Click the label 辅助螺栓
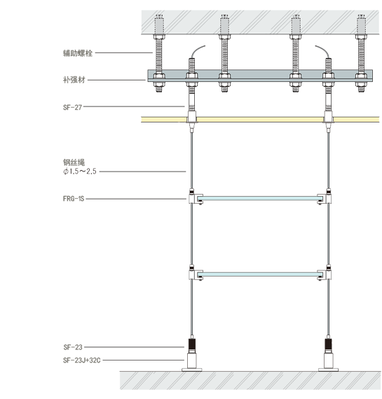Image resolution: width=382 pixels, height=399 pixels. click(x=78, y=53)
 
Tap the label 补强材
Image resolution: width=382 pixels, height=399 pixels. click(x=74, y=80)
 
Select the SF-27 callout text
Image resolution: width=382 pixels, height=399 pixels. click(x=72, y=107)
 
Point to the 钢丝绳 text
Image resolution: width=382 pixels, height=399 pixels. click(x=74, y=162)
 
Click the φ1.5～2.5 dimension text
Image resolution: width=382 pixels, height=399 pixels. click(x=80, y=171)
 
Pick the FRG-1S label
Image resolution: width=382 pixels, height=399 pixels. click(x=74, y=199)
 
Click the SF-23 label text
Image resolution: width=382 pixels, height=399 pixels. click(x=73, y=347)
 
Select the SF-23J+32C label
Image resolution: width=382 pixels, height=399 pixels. click(x=82, y=360)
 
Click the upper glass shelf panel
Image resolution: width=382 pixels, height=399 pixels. click(x=260, y=198)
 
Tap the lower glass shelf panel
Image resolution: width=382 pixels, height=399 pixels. click(x=260, y=274)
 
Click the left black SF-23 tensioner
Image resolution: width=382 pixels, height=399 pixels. click(x=192, y=345)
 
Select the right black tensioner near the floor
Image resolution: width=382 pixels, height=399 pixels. click(x=328, y=345)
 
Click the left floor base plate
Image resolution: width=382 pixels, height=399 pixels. click(x=192, y=370)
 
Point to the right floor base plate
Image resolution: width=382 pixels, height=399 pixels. click(x=328, y=370)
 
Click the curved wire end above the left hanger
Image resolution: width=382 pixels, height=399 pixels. click(x=197, y=50)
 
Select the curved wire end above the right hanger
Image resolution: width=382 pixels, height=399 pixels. click(x=323, y=50)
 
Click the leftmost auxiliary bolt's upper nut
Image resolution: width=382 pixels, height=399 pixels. click(x=159, y=37)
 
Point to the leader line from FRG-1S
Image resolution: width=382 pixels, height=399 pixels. click(x=136, y=199)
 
